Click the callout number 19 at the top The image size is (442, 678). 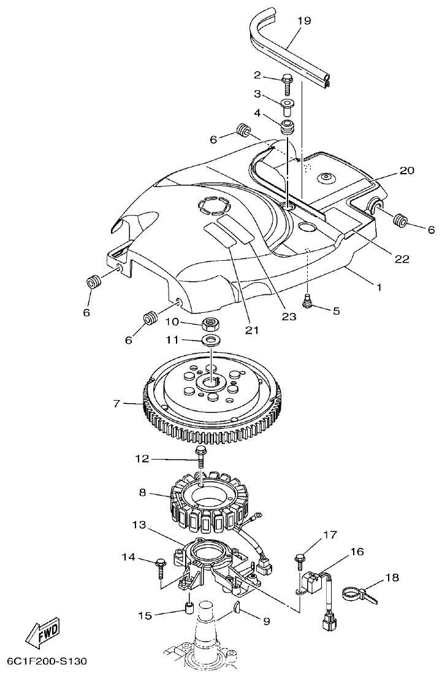(304, 21)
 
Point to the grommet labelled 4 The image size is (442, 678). (287, 128)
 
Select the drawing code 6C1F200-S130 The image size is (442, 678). (47, 663)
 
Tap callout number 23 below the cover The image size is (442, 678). (288, 317)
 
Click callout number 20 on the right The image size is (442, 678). (406, 170)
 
